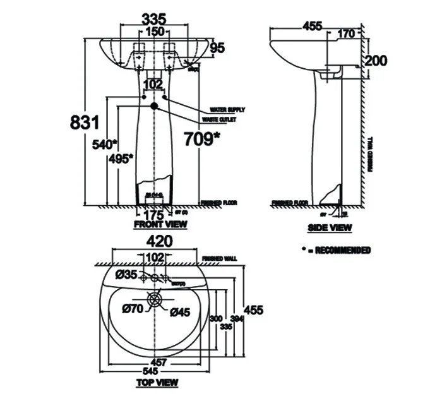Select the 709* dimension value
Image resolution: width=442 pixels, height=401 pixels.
[x=201, y=138]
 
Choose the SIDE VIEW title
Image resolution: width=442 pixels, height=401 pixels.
[x=330, y=227]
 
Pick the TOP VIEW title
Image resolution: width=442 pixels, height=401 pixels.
[x=157, y=382]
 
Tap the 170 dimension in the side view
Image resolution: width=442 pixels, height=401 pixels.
[x=346, y=34]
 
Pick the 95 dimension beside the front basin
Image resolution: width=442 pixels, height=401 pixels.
[x=218, y=48]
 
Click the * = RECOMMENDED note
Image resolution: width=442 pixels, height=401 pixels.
[x=336, y=250]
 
